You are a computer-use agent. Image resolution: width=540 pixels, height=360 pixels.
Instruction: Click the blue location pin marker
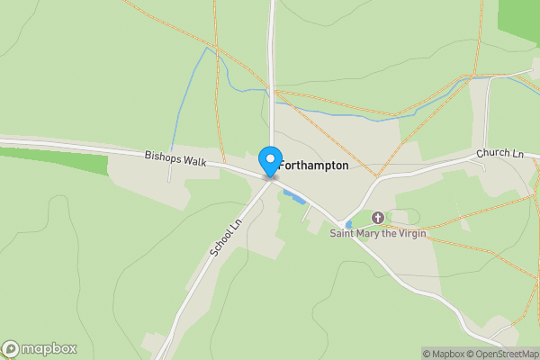point(269,162)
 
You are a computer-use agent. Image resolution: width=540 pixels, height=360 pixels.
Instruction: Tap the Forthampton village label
point(313,166)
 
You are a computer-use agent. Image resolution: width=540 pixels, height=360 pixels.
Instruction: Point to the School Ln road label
point(227,238)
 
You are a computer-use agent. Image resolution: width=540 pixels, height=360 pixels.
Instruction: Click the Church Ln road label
point(500,154)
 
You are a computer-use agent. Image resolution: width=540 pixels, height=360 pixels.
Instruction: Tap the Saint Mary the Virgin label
point(377,234)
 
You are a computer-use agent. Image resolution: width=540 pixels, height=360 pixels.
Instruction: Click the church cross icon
point(378,217)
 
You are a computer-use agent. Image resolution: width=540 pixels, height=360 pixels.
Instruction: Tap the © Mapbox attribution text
point(442,354)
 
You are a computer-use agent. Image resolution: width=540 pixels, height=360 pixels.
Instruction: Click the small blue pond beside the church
point(348,224)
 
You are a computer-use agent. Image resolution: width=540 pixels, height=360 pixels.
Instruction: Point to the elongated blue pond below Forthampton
point(292,196)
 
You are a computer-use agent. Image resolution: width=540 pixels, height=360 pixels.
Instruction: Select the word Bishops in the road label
point(164,156)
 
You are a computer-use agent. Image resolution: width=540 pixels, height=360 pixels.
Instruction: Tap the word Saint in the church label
point(342,234)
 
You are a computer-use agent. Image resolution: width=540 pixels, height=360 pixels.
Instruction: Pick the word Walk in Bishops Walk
point(194,162)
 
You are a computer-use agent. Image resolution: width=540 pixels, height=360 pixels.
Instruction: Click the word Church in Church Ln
point(493,155)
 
